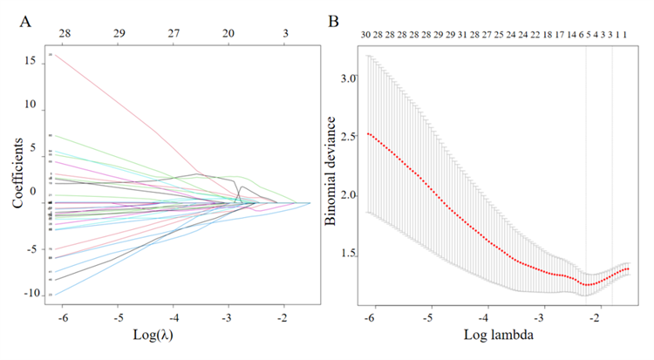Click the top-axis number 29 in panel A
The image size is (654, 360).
119,32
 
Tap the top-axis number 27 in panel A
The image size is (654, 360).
174,32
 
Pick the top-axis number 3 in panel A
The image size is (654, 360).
285,32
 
